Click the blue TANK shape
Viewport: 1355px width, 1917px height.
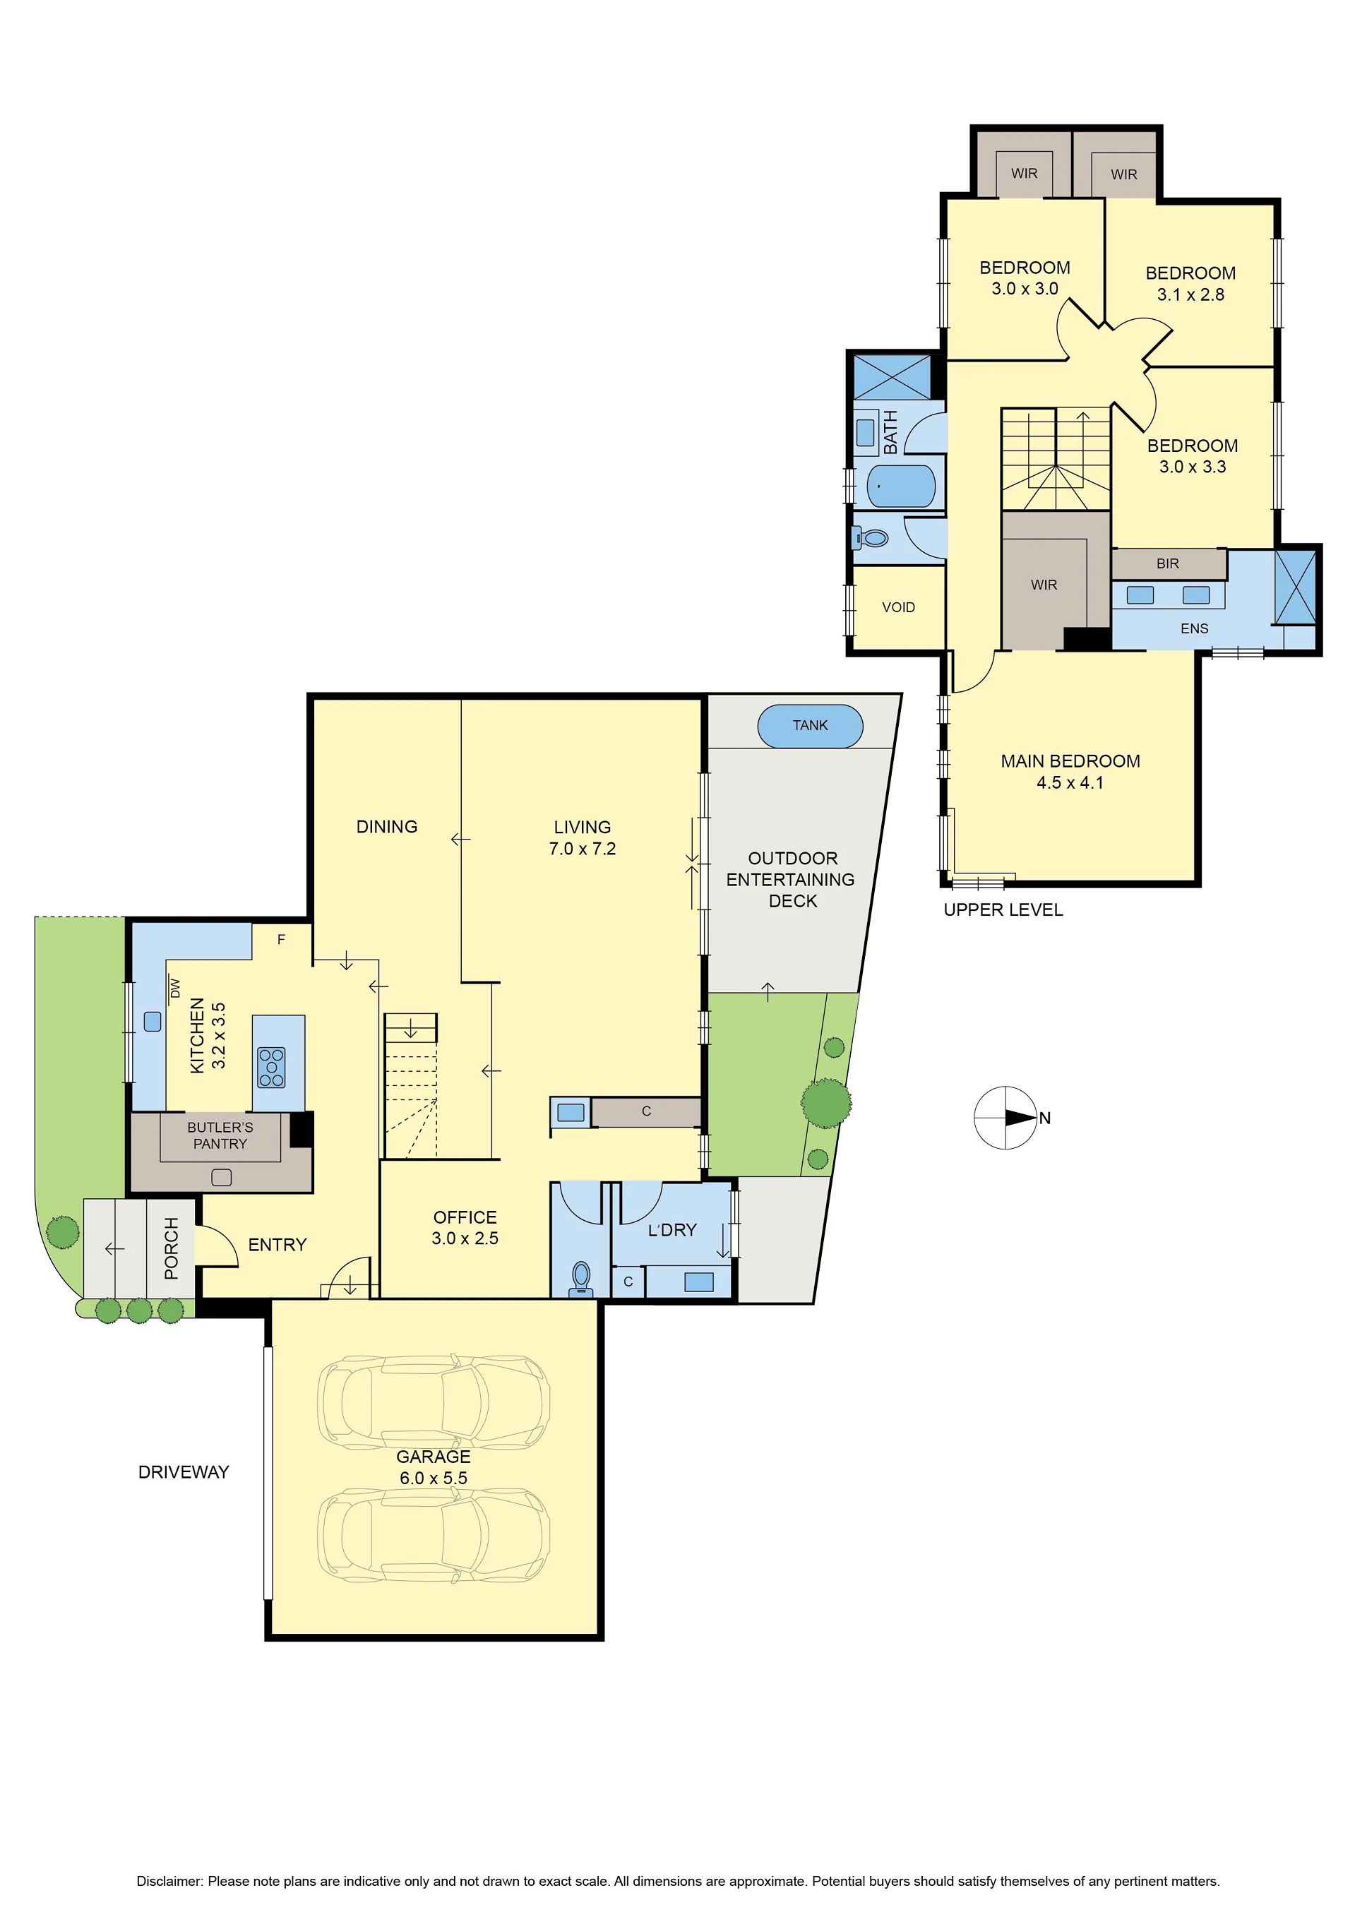point(809,726)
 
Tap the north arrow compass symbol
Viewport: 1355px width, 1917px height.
point(1006,1117)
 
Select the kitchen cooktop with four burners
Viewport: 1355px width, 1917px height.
point(271,1067)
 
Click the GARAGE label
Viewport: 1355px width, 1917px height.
point(434,1456)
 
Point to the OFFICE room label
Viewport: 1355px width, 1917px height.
point(465,1217)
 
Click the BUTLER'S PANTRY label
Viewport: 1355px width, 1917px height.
point(220,1135)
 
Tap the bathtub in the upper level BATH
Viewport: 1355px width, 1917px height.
point(901,486)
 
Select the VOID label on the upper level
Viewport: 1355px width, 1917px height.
point(898,607)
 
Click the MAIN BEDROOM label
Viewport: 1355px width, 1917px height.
point(1070,761)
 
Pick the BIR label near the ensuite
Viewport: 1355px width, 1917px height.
point(1167,563)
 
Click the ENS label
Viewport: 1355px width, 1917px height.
point(1194,628)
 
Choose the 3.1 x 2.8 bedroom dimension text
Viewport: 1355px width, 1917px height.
point(1190,294)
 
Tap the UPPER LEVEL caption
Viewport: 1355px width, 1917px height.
point(1003,910)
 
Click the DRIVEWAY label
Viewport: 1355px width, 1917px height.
point(184,1472)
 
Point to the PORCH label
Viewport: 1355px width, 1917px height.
point(171,1248)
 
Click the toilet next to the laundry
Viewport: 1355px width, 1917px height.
point(581,1277)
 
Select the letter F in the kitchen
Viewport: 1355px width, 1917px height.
point(281,939)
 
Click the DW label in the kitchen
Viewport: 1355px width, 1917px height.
point(174,989)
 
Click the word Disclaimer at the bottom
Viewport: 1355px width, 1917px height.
point(169,1881)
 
